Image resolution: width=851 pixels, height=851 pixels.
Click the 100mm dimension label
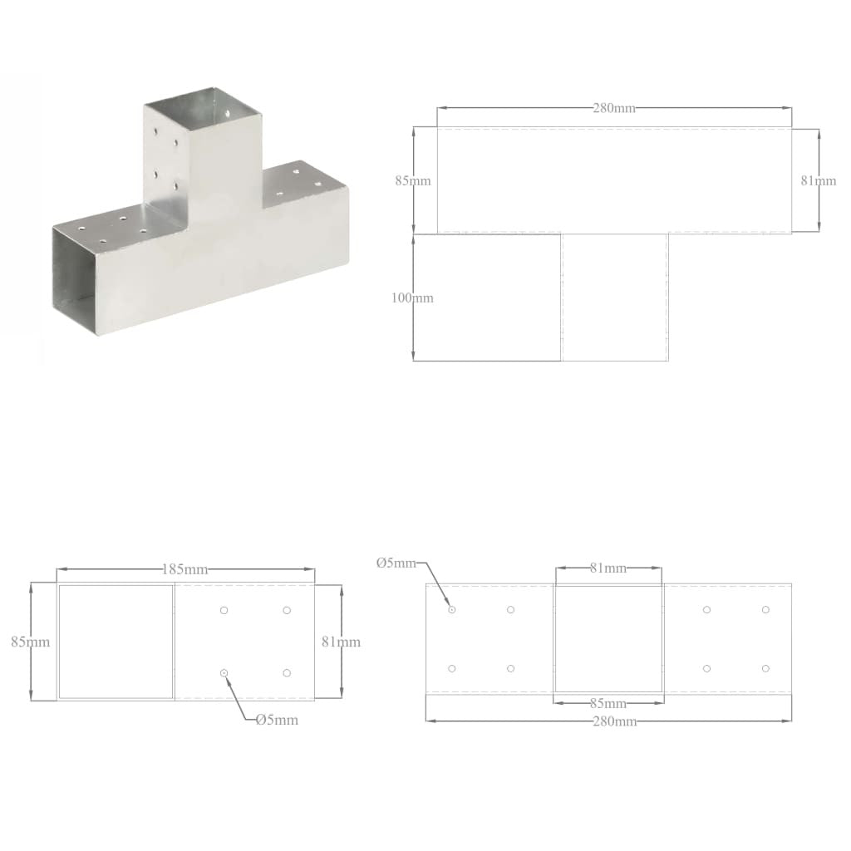(412, 298)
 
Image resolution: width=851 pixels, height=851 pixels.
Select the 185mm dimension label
(184, 569)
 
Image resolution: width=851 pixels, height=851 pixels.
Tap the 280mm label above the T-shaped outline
(614, 108)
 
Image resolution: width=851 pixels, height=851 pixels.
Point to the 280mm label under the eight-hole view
(614, 721)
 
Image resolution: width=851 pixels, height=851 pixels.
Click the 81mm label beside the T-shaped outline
(819, 180)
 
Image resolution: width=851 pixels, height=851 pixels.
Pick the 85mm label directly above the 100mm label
(412, 180)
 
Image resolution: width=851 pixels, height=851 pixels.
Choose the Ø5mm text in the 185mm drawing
(277, 720)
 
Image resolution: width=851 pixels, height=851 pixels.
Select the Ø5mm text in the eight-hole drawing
(396, 563)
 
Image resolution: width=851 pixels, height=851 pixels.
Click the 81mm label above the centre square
(608, 568)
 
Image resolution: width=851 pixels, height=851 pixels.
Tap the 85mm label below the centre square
(608, 702)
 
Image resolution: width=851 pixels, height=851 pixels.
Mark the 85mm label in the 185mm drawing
(32, 642)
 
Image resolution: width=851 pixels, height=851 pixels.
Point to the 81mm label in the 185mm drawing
(342, 642)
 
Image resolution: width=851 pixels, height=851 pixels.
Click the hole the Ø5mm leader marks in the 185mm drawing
(224, 672)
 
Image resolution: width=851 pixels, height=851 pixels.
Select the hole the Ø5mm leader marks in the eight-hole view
(452, 610)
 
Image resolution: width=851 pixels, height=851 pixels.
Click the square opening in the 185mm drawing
(116, 641)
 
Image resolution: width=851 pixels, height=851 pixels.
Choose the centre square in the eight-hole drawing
(609, 638)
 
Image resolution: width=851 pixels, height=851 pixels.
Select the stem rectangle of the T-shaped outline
(615, 298)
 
